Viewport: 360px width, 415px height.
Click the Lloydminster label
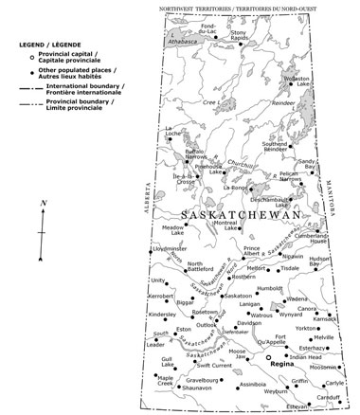coord(168,248)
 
